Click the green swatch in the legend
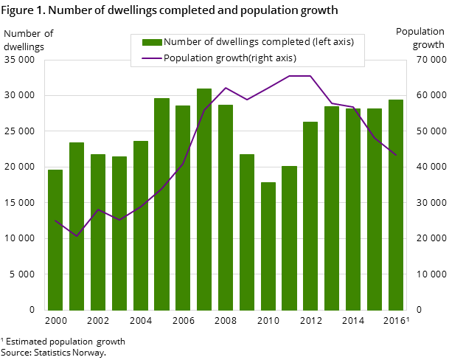tap(151, 42)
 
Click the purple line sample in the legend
tap(151, 58)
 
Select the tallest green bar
tap(204, 199)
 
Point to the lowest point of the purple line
tap(77, 236)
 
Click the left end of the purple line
tap(55, 221)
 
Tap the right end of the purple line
tap(396, 155)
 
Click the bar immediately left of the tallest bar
tap(183, 207)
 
